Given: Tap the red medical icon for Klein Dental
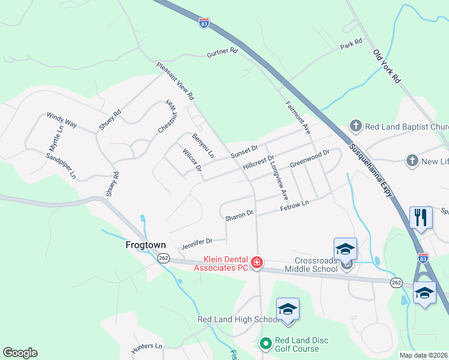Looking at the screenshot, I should (x=257, y=262).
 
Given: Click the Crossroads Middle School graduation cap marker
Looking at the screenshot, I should (x=346, y=249).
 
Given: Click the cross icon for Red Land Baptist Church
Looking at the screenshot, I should (x=355, y=126).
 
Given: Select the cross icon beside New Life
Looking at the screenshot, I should (x=412, y=161).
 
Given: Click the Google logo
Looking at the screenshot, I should (x=20, y=353).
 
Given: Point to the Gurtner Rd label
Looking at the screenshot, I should (x=223, y=53).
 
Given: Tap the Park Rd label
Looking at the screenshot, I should (x=351, y=44).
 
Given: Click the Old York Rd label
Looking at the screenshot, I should (x=387, y=66).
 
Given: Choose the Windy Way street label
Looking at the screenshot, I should (x=62, y=119).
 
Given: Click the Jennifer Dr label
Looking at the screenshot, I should (x=197, y=243).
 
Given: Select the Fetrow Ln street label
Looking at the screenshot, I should (x=294, y=206).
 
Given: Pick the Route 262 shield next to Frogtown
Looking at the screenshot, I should (x=163, y=257).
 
